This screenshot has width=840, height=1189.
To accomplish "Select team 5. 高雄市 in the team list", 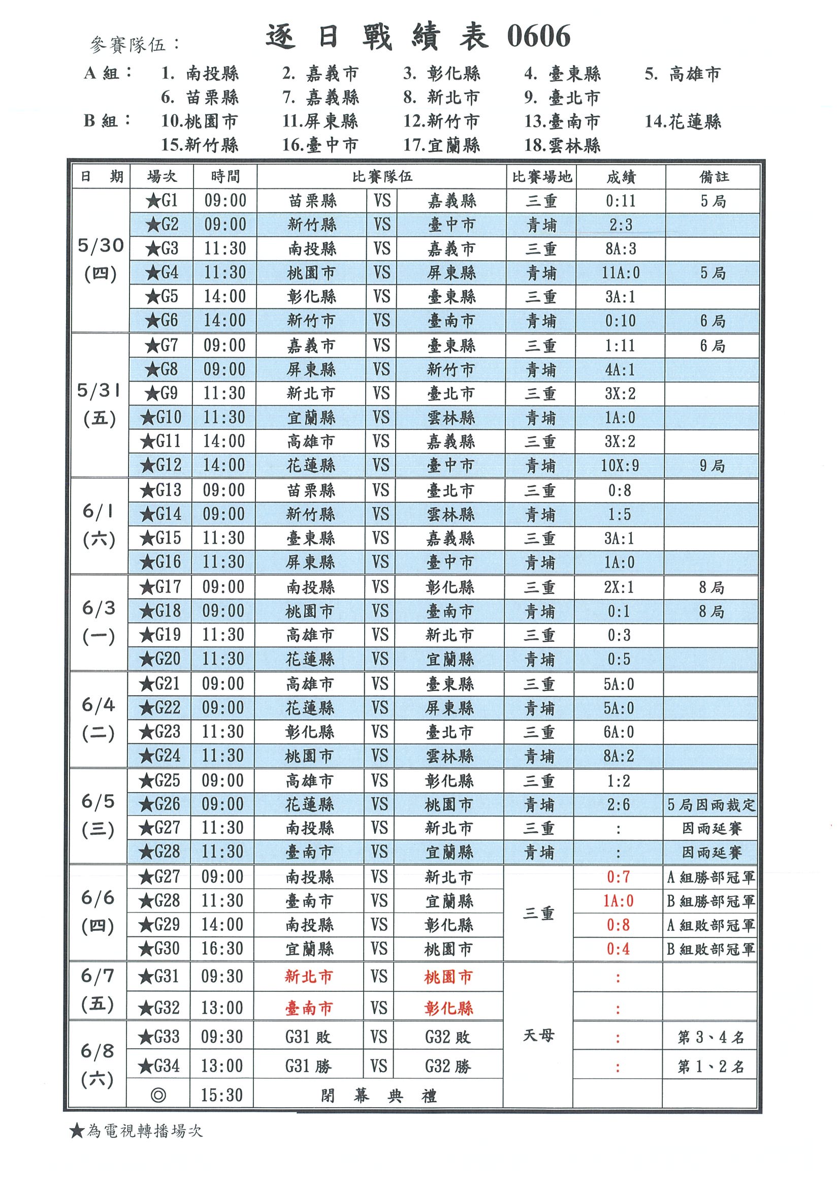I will pos(683,74).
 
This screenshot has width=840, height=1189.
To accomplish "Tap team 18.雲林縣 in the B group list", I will pos(562,145).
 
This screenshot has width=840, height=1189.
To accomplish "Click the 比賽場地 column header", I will pos(541,177).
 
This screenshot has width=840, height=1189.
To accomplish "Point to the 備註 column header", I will pos(714,177).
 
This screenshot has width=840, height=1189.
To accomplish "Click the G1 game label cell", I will pos(161,200).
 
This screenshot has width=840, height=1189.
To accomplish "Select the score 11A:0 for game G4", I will pos(621,272).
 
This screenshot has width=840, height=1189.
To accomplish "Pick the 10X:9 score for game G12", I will pos(620,465).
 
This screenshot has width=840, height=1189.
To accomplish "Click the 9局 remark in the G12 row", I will pos(712,465).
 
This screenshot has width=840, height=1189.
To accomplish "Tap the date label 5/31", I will pos(99,390).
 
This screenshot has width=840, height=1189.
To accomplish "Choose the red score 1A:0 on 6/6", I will pos(618,901).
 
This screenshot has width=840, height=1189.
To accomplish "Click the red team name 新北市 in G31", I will pos(308,977).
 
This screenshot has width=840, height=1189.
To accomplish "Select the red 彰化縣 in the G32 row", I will pos(448,1008).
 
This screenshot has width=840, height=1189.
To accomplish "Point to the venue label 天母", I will pos(538,1035).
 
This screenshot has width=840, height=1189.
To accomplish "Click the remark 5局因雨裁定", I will pos(710,804).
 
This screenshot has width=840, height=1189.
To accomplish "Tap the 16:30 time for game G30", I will pos(222,949).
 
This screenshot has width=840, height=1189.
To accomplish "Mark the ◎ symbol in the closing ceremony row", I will pos(158,1096).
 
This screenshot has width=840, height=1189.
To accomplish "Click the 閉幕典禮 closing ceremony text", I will pos(378,1096).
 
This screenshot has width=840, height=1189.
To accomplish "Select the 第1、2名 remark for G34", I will pos(710,1066).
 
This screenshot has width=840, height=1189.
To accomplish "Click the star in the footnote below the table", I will pos(77,1131).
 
